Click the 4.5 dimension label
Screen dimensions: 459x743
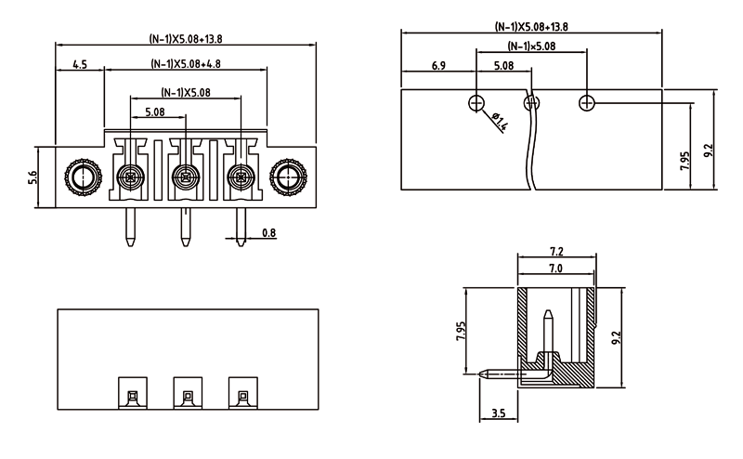pyautogui.click(x=79, y=64)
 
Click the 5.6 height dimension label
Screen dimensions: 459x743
pyautogui.click(x=33, y=176)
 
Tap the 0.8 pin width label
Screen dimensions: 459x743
pyautogui.click(x=268, y=231)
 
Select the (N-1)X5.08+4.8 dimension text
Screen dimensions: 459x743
pyautogui.click(x=185, y=64)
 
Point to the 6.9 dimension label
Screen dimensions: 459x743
pyautogui.click(x=438, y=66)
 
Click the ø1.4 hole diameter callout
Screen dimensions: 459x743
pyautogui.click(x=498, y=121)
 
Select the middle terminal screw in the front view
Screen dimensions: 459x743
pyautogui.click(x=186, y=175)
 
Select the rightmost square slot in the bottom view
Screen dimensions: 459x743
pyautogui.click(x=241, y=396)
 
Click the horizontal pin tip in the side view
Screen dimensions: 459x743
pyautogui.click(x=484, y=375)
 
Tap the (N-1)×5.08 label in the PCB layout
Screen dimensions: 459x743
pyautogui.click(x=531, y=46)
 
